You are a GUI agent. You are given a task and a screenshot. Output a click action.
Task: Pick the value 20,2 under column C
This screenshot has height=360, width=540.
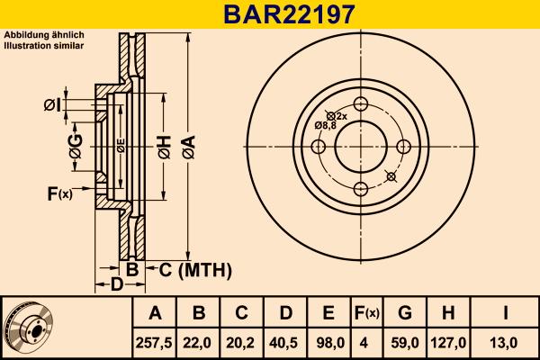point(241,342)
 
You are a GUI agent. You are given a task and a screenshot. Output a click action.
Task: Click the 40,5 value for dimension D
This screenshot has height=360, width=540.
point(284,342)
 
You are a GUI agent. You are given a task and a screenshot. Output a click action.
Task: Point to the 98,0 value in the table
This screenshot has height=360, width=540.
point(328,342)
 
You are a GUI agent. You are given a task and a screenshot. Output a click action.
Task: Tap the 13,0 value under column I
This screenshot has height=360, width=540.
point(506,342)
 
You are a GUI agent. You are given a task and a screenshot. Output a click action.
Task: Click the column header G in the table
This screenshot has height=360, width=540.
point(404,314)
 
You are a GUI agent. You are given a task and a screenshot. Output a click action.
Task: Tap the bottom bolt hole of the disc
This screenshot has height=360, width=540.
point(361,188)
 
